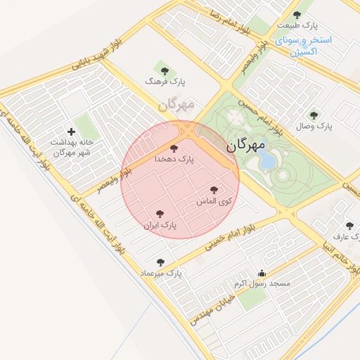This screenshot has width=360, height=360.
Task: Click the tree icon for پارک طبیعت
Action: (x=298, y=15)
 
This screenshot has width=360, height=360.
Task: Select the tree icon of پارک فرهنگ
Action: (x=165, y=70)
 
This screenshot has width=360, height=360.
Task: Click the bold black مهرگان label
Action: (x=246, y=146)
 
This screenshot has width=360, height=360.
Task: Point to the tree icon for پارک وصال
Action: (x=314, y=115)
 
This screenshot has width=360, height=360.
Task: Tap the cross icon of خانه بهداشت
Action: (x=71, y=131)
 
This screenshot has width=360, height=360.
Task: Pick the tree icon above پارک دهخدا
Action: (x=174, y=148)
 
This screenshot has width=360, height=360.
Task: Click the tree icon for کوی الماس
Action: (x=214, y=190)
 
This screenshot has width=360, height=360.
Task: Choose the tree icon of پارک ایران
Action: (x=160, y=214)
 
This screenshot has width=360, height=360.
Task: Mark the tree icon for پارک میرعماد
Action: (x=160, y=262)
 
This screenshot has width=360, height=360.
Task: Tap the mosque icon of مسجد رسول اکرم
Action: (x=262, y=273)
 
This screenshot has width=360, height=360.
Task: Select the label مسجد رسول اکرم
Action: (x=262, y=284)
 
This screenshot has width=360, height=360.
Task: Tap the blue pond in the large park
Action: (x=268, y=161)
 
